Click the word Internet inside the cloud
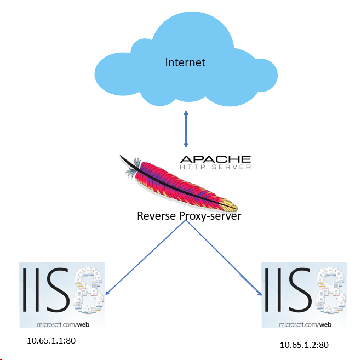pos(185,62)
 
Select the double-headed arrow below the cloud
pos(186,129)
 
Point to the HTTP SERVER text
pos(215,167)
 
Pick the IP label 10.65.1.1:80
pos(51,341)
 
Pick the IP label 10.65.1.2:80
pos(304,345)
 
